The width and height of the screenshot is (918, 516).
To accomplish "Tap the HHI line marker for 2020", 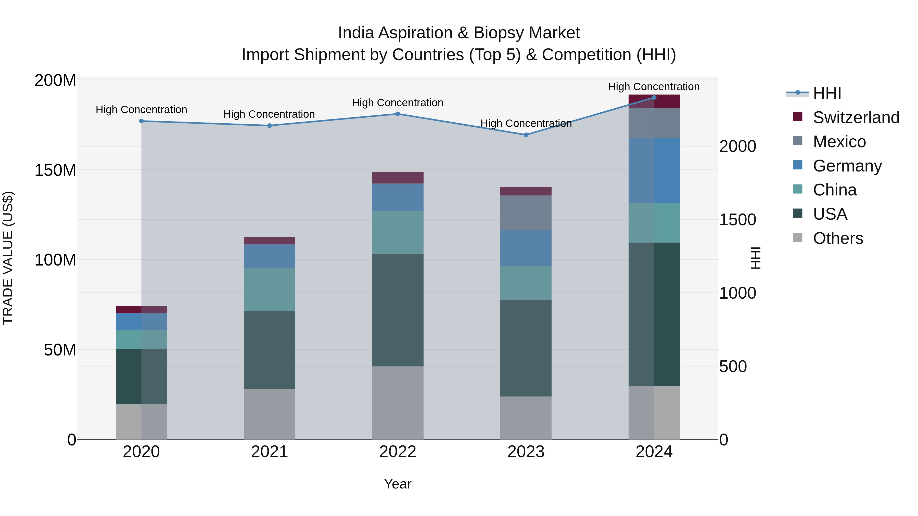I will pyautogui.click(x=142, y=121).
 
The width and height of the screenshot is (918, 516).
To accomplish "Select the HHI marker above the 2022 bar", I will pyautogui.click(x=398, y=114).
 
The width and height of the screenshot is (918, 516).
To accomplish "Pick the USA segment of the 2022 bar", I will pyautogui.click(x=398, y=310).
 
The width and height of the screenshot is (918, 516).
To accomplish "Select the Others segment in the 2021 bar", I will pyautogui.click(x=270, y=414).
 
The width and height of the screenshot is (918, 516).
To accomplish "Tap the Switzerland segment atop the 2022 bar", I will pyautogui.click(x=398, y=178).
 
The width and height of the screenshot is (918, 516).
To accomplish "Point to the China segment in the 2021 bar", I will pyautogui.click(x=270, y=289).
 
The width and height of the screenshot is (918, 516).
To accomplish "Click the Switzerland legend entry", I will pyautogui.click(x=856, y=117).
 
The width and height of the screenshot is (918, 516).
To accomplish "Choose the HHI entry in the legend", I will pyautogui.click(x=827, y=93).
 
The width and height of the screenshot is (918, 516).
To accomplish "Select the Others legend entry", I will pyautogui.click(x=837, y=238).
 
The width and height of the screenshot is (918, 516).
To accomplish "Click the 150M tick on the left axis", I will pyautogui.click(x=55, y=170).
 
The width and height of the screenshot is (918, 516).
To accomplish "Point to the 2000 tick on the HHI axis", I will pyautogui.click(x=737, y=146).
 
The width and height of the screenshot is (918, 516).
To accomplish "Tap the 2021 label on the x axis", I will pyautogui.click(x=270, y=452).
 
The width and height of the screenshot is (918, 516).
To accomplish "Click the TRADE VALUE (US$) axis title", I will pyautogui.click(x=8, y=258).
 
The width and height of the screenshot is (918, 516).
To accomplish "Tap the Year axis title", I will pyautogui.click(x=398, y=484).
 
